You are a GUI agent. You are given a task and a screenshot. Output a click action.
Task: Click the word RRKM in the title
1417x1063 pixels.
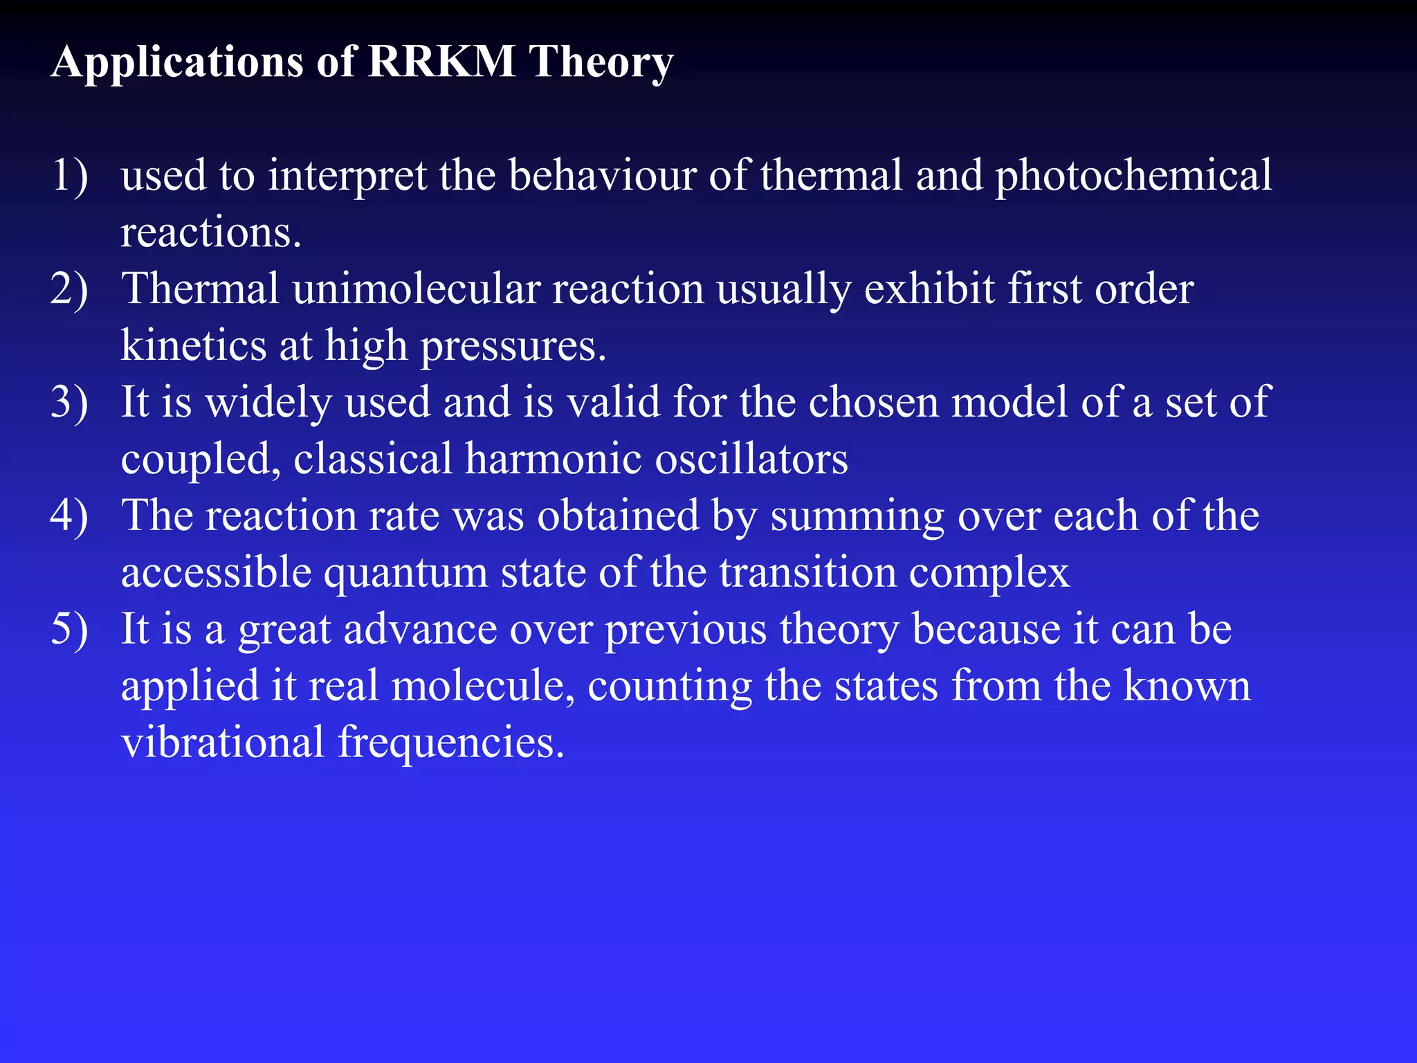click(x=441, y=62)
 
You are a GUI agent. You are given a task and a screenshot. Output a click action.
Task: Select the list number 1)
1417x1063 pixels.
click(x=69, y=175)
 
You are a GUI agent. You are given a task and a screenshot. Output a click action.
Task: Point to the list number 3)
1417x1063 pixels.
click(x=69, y=402)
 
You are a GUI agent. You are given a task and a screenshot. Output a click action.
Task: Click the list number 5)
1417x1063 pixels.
click(x=69, y=629)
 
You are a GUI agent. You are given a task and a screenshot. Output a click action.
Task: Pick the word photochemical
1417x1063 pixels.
click(x=1133, y=176)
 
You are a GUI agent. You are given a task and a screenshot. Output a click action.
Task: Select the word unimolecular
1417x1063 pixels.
click(x=416, y=289)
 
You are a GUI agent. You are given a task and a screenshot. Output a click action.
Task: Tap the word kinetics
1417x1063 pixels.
click(x=193, y=345)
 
